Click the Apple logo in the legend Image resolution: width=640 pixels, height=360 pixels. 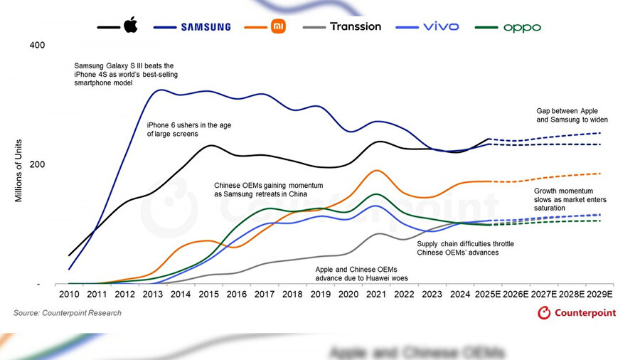(x=130, y=26)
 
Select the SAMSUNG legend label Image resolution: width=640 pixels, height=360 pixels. (x=206, y=27)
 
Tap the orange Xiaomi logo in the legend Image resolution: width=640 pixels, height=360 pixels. (x=279, y=27)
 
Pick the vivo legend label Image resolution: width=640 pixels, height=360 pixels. (x=441, y=26)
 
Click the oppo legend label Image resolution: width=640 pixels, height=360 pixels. (x=522, y=27)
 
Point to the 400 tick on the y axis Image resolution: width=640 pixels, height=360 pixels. (x=37, y=46)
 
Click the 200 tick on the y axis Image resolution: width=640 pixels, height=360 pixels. (x=37, y=164)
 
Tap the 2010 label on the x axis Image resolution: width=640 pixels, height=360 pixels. (x=69, y=294)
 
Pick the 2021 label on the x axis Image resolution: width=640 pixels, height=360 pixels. (x=377, y=294)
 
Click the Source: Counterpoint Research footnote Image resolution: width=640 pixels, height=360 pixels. (x=68, y=313)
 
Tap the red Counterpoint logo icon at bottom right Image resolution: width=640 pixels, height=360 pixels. (x=544, y=312)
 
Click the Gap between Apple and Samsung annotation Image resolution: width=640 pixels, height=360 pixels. (x=572, y=115)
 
